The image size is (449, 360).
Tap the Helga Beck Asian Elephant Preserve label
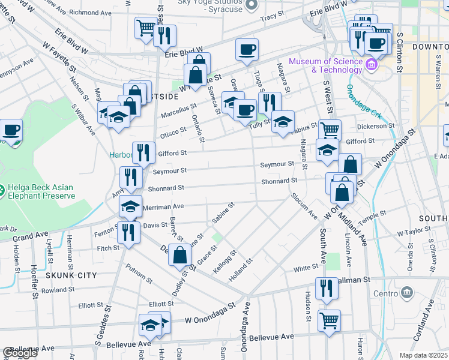tap(40, 191)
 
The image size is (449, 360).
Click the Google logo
tap(19, 353)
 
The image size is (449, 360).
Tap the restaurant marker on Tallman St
tap(326, 289)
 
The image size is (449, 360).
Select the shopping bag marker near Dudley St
tap(180, 255)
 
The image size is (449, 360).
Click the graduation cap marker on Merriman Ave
tap(130, 206)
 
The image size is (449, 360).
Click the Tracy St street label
tap(272, 17)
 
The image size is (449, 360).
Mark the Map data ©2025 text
tap(423, 355)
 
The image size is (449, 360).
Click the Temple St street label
tap(372, 218)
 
